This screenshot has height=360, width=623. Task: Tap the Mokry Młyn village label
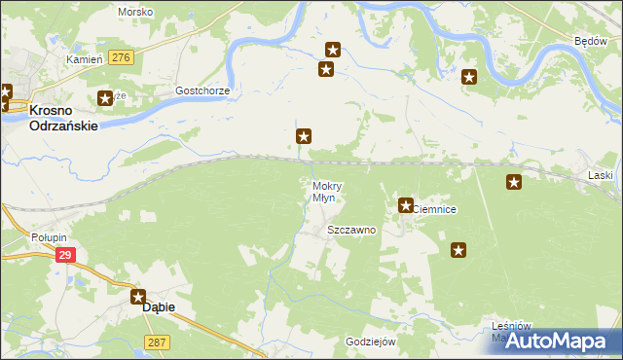324,192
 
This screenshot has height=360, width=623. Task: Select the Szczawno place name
351,231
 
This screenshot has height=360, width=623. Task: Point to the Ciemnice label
435,209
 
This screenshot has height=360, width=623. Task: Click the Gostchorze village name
202,90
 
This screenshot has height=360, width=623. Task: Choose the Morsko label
134,12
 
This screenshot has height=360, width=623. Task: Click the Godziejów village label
371,342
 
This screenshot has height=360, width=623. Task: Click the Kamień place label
84,59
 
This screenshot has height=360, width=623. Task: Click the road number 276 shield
121,58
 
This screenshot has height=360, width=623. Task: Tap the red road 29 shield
65,255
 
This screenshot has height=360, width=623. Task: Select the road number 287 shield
158,342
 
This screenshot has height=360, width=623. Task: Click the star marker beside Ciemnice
406,205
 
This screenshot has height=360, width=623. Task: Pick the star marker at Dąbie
139,298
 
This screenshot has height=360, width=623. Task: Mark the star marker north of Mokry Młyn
304,137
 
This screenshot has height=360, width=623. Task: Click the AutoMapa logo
564,342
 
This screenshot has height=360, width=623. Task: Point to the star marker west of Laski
514,181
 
